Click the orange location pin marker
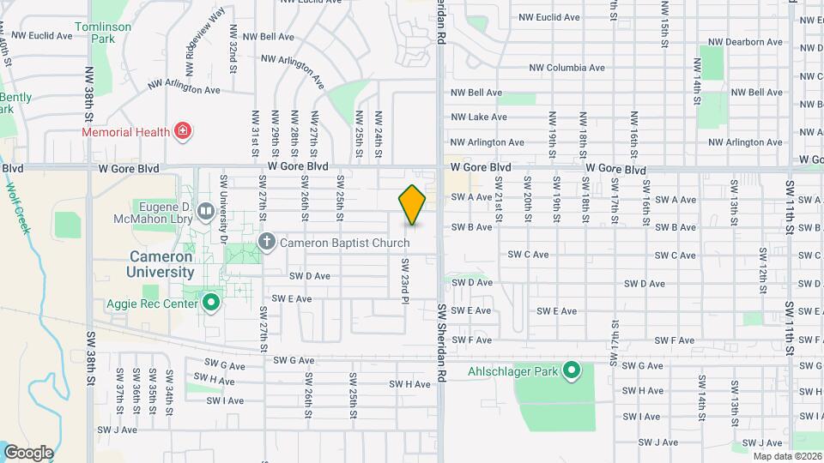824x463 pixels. [x=412, y=204]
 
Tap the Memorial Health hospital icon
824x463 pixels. [x=182, y=131]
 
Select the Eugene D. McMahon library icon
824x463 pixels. [x=205, y=211]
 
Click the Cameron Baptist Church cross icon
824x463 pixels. [x=266, y=242]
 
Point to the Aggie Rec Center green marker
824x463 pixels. [x=211, y=302]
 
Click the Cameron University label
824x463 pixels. [x=162, y=264]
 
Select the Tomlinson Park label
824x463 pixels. [x=103, y=33]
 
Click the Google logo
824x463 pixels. [x=28, y=453]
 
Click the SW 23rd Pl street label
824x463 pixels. [x=403, y=280]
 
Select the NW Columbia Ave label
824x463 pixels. [x=566, y=68]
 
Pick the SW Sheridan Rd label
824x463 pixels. [x=441, y=343]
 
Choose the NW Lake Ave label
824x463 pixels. [x=479, y=117]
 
